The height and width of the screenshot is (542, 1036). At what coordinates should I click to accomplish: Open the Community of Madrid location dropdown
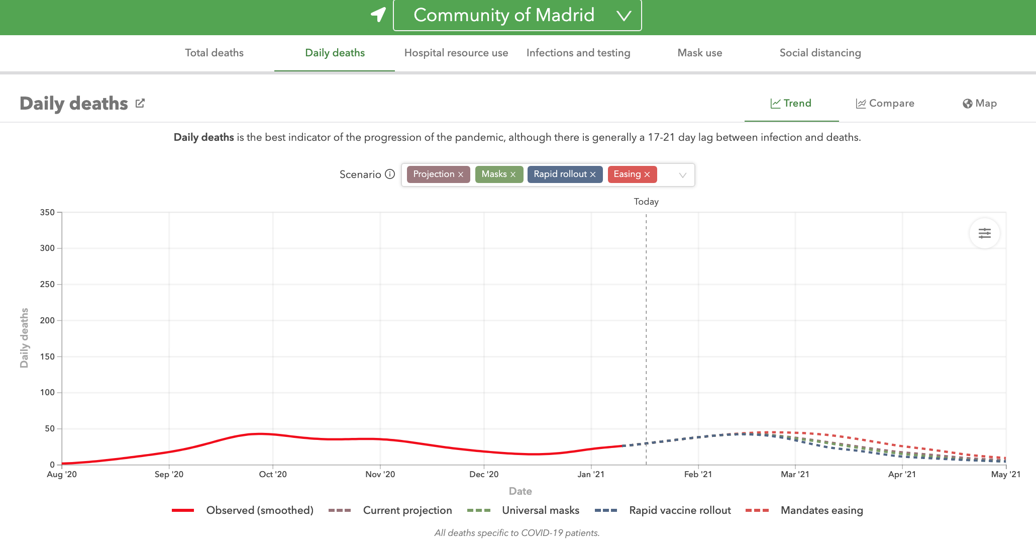coord(517,16)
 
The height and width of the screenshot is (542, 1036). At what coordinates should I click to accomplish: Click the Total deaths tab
coord(214,53)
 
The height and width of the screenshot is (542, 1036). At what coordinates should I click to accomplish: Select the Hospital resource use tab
coord(456,53)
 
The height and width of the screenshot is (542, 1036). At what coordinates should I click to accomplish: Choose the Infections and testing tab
coord(578,53)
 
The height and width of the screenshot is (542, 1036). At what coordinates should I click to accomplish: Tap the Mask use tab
coord(699,53)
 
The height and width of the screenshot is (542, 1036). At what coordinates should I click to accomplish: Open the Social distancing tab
coord(820,53)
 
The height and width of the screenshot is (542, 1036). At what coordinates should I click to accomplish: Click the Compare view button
coord(885,104)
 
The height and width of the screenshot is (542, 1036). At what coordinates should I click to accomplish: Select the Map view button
coord(979,104)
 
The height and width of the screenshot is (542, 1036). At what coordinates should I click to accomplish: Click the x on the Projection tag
coord(461,174)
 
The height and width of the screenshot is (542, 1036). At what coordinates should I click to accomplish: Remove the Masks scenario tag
coord(513,174)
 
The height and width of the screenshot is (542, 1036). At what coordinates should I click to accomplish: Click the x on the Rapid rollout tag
coord(593,174)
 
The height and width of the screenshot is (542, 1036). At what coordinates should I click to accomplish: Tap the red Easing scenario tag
coord(627,174)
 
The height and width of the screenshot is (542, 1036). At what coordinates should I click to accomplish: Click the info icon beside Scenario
coord(390,174)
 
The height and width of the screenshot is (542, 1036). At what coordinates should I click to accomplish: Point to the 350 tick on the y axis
coord(48,212)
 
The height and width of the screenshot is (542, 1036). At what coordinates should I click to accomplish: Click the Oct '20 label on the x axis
coord(273,474)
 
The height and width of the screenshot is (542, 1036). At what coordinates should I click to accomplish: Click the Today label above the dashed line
coord(646,202)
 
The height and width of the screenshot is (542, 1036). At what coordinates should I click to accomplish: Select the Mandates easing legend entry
coord(821,510)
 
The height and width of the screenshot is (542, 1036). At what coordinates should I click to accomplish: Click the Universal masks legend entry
coord(540,510)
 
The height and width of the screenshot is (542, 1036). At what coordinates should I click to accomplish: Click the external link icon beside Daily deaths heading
coord(140,103)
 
